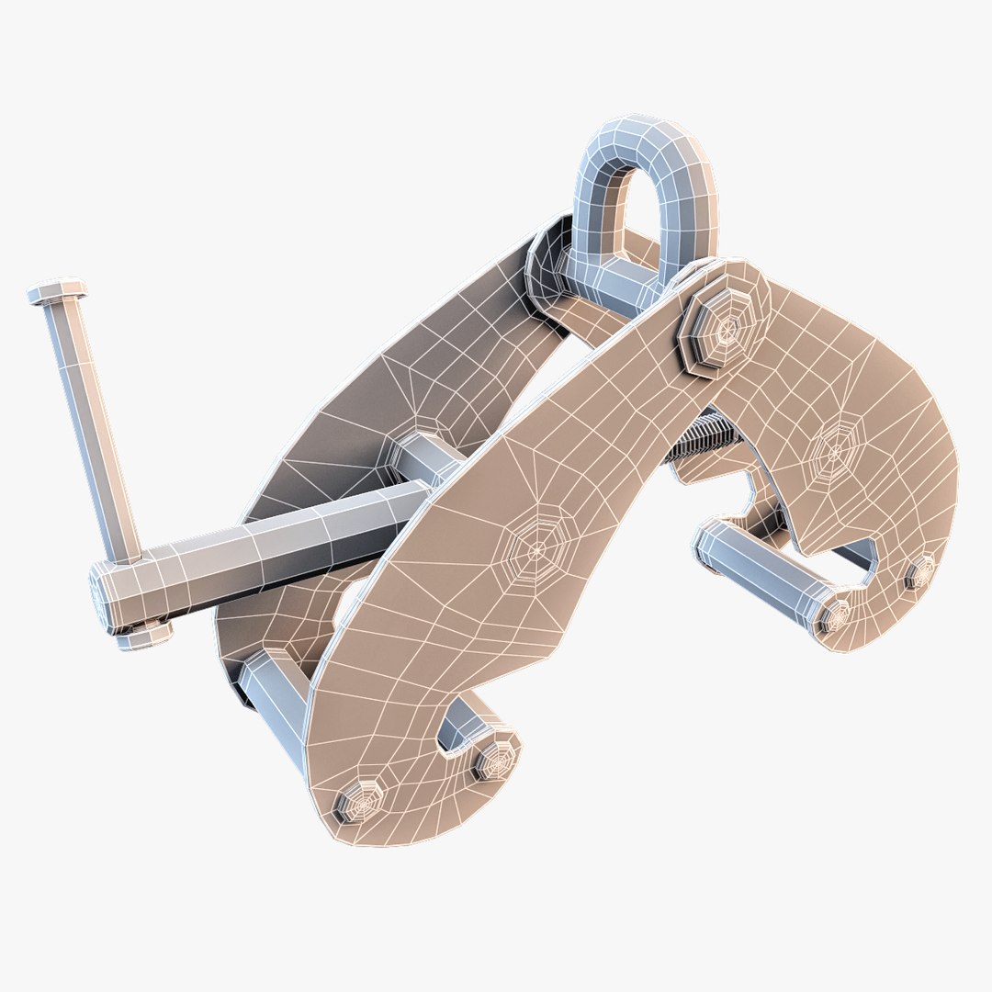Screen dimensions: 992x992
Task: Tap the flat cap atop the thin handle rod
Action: [x=57, y=292]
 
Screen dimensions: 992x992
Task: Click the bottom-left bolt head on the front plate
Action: [x=361, y=802]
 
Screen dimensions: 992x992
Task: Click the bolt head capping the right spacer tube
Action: [x=835, y=615]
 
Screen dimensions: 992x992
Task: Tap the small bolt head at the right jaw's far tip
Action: [x=919, y=574]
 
